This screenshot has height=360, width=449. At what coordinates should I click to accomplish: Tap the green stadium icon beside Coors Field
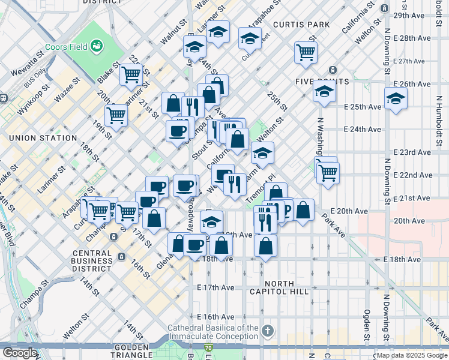click(x=95, y=46)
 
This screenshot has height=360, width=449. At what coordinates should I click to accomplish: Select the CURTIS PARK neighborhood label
click(x=301, y=25)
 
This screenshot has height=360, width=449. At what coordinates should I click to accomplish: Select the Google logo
click(x=20, y=353)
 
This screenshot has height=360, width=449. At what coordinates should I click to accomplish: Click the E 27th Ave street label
click(x=409, y=61)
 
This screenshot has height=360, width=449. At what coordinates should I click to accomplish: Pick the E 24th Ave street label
click(x=363, y=130)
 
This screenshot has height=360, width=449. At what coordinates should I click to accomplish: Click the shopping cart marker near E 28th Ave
click(x=306, y=53)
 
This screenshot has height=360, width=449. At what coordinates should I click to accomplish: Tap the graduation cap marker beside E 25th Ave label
click(x=395, y=99)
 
